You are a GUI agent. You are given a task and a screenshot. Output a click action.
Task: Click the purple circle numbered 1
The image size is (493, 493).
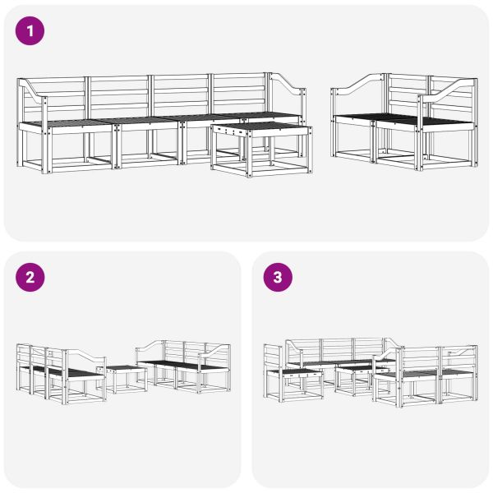tap(30, 31)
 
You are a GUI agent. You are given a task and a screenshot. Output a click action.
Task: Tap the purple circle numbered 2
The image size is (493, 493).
tap(30, 277)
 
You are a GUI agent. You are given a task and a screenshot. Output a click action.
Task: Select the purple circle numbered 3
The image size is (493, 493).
tap(277, 277)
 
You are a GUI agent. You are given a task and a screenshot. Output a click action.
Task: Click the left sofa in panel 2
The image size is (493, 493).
tap(62, 374)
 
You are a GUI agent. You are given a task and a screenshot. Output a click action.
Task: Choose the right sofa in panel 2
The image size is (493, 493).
tap(185, 366)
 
